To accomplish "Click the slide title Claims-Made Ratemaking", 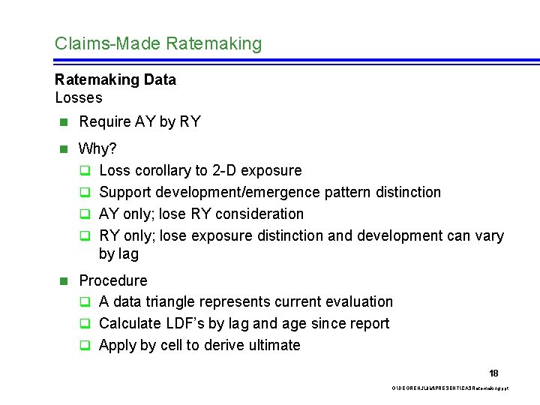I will click(158, 43).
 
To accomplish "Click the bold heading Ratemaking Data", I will click(115, 79).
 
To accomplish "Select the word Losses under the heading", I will click(79, 97).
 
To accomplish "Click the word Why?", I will click(97, 148).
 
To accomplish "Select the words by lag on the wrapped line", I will click(118, 254).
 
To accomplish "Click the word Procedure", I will click(113, 280).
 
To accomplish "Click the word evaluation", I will click(358, 301).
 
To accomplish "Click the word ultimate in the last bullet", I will click(273, 345).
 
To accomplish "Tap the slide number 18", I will click(493, 373).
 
